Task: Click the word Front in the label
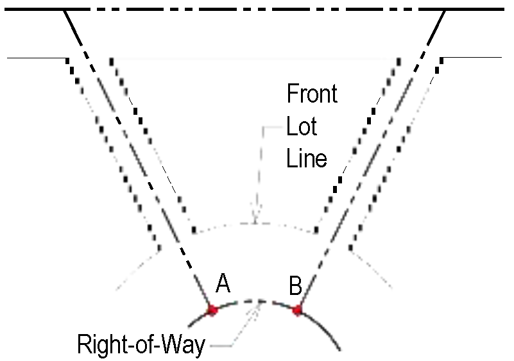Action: click(312, 94)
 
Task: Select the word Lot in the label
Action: click(302, 126)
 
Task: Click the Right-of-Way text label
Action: click(141, 345)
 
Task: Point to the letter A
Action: click(223, 283)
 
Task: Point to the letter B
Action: click(296, 286)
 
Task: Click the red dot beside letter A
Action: click(212, 310)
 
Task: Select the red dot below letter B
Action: click(297, 310)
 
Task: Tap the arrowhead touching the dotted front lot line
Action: click(255, 220)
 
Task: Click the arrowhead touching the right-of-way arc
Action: click(259, 303)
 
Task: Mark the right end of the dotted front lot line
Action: click(316, 231)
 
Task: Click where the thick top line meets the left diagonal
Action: click(65, 11)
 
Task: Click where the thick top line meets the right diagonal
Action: click(445, 11)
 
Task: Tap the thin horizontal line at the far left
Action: click(35, 58)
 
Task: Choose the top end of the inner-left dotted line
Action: click(112, 60)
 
